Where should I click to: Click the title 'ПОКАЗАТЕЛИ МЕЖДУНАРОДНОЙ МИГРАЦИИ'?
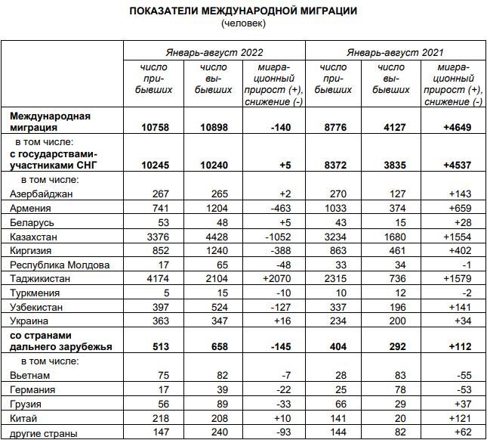243,11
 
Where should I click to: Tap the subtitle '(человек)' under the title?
243,23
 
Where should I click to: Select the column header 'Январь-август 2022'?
214,51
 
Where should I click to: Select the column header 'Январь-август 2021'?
395,51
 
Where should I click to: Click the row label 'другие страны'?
43,432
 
